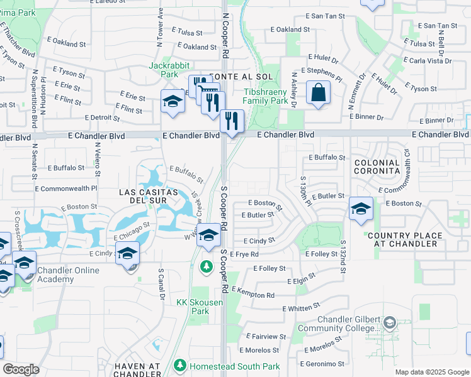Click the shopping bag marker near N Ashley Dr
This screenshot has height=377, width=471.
pos(319,92)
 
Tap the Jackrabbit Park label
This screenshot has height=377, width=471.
pos(165,70)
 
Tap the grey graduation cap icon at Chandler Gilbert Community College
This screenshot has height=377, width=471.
pos(389,323)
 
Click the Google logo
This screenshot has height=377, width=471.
pos(21,369)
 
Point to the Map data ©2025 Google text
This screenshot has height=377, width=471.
pos(431,372)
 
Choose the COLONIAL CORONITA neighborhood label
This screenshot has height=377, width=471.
pos(377,167)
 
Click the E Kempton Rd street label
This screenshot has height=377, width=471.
pos(253,292)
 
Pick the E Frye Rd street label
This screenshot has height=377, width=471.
pos(245,254)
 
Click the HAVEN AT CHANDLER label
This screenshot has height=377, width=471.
pos(139,371)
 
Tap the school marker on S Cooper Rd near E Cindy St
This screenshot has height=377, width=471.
pos(209,236)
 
